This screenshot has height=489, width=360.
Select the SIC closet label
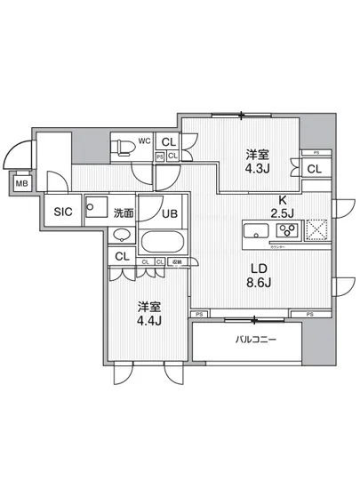click(x=62, y=212)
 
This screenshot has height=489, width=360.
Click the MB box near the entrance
click(x=20, y=184)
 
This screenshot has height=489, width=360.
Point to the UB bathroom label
click(x=171, y=212)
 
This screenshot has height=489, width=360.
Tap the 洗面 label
click(x=124, y=212)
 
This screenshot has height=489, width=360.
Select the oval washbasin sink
click(x=123, y=236)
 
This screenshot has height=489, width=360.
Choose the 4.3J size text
click(x=260, y=168)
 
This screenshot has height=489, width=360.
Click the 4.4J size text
click(x=149, y=322)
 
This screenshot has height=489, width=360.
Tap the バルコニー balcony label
click(x=253, y=340)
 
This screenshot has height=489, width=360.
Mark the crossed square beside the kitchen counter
click(x=316, y=231)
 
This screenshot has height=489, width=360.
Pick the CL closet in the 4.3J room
click(x=314, y=169)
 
